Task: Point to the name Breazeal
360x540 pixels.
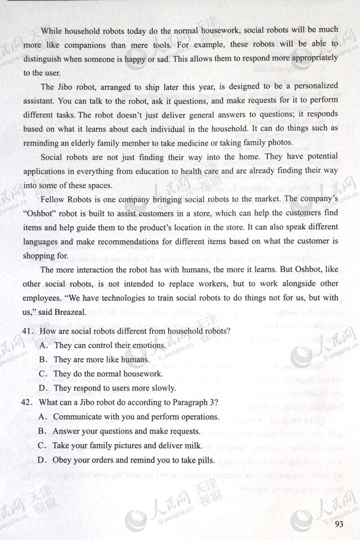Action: click(71, 311)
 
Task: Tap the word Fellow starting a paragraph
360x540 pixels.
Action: click(54, 197)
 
